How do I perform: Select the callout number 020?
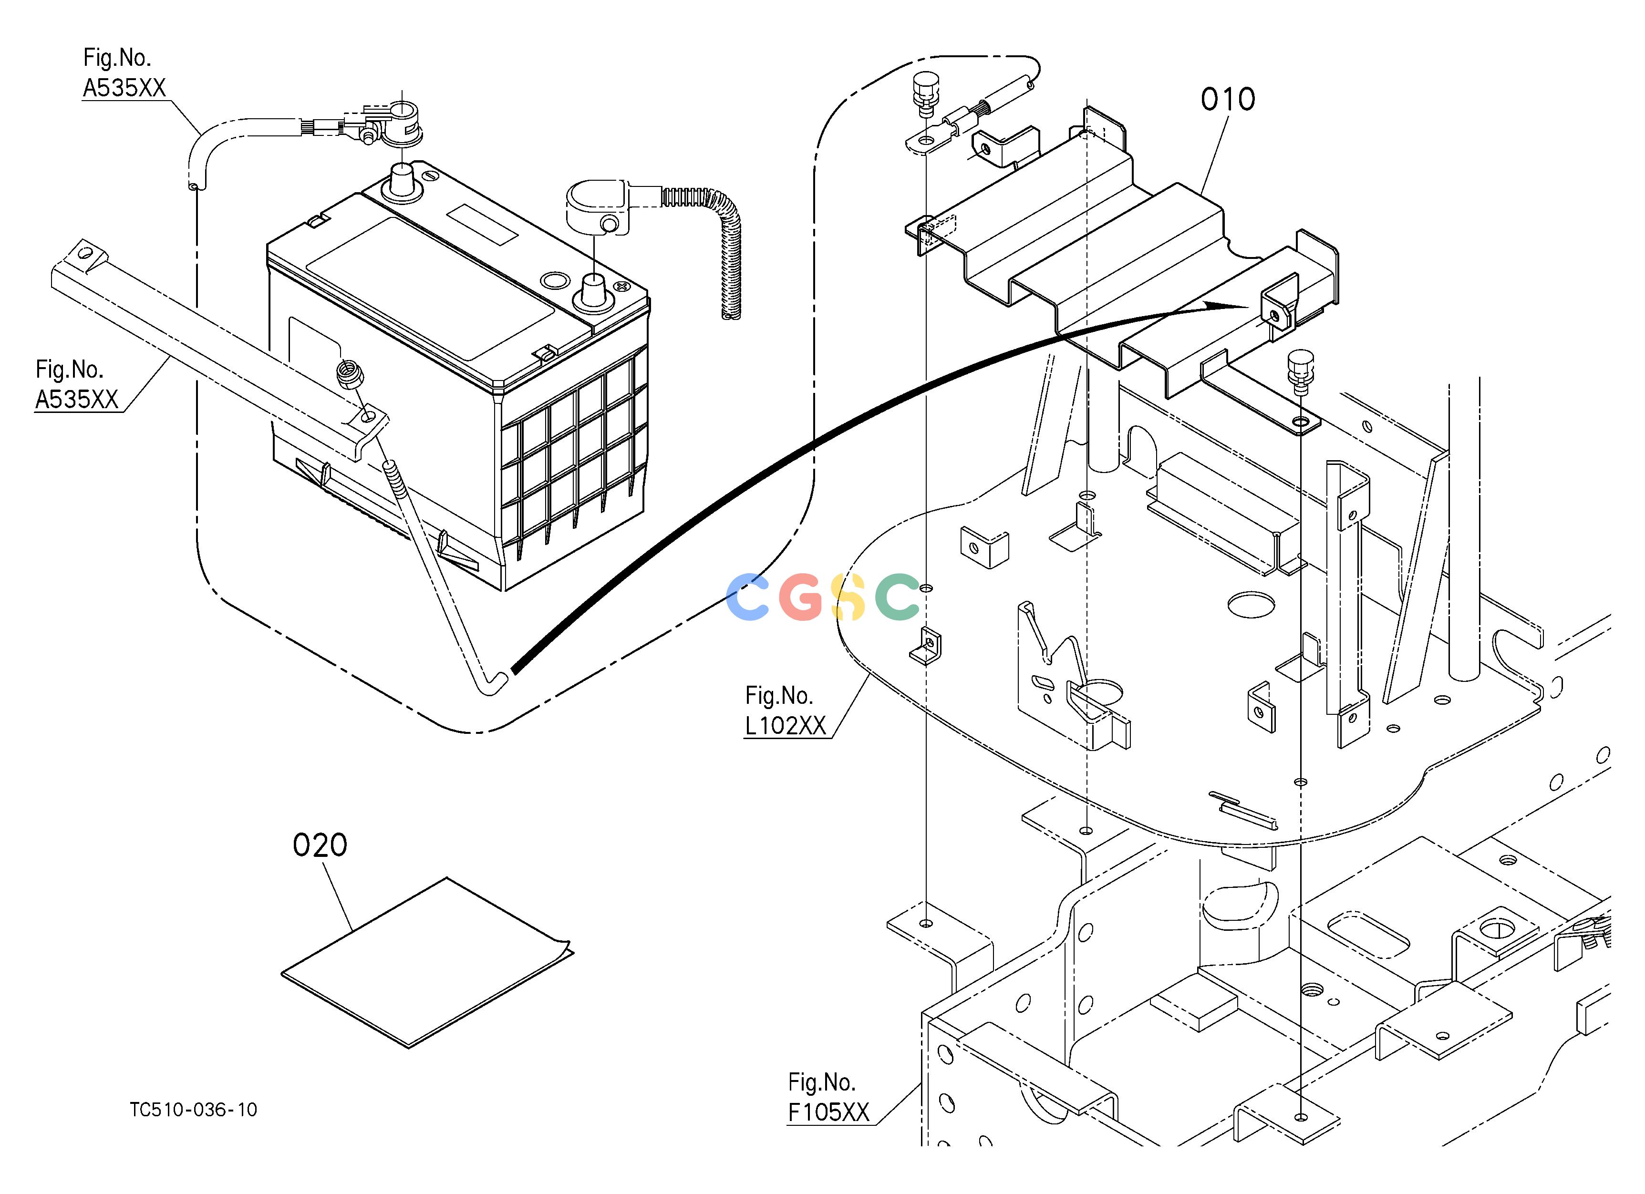pyautogui.click(x=320, y=845)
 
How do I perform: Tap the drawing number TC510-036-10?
pyautogui.click(x=194, y=1110)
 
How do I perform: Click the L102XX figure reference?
pyautogui.click(x=786, y=726)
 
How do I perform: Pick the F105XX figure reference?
pyautogui.click(x=828, y=1112)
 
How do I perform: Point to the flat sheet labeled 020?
pyautogui.click(x=426, y=963)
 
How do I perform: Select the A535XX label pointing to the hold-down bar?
pyautogui.click(x=77, y=400)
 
